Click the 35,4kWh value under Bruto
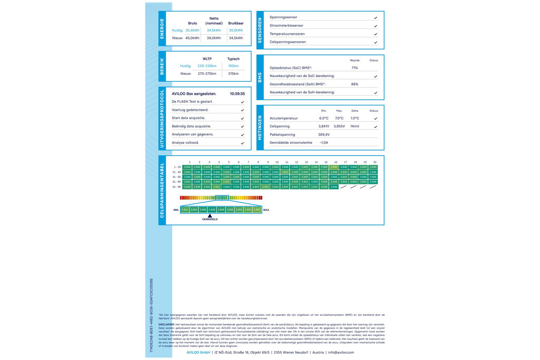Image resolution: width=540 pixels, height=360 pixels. [192, 31]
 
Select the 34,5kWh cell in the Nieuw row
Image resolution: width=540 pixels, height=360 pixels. [236, 38]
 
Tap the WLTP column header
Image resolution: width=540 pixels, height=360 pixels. [207, 59]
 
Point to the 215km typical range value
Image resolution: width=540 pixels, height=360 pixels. [233, 74]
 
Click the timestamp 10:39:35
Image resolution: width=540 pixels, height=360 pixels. [237, 94]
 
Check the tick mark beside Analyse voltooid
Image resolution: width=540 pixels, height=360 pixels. [243, 143]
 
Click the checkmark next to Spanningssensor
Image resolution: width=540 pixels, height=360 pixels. [375, 17]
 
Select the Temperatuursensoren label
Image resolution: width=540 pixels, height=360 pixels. [287, 34]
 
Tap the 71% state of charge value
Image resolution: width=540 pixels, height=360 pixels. [354, 68]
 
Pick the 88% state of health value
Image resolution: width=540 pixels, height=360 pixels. [354, 84]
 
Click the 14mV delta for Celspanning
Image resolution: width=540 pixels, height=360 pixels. [354, 127]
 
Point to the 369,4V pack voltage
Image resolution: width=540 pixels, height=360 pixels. [324, 134]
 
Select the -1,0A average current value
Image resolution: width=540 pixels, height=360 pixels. [324, 143]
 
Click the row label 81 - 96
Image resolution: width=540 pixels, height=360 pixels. [177, 187]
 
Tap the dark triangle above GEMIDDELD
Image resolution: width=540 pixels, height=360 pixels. [210, 216]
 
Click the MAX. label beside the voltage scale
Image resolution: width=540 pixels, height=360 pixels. [266, 210]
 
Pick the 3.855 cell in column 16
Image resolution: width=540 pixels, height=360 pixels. [334, 167]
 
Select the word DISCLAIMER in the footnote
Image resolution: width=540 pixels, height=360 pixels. [166, 325]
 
